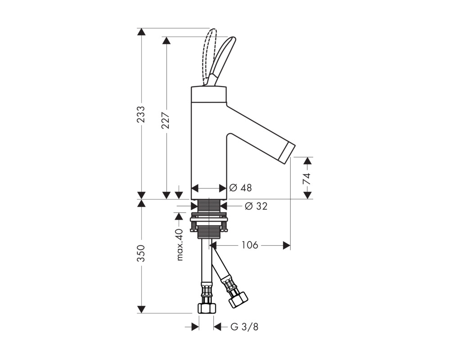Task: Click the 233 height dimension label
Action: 141,114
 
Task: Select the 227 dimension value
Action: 166,120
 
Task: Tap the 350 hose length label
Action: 141,253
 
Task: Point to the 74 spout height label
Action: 307,179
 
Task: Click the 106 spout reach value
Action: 250,245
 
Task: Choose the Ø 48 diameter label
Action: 240,188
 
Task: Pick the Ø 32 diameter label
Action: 256,206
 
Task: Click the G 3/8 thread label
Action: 244,327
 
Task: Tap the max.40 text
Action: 180,245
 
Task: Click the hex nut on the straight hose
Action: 207,308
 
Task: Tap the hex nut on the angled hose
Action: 238,300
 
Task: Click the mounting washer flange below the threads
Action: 209,220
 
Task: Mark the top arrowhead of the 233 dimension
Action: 141,31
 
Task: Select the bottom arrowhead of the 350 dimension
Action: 141,310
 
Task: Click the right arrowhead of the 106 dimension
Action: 287,245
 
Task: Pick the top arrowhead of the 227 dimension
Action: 166,40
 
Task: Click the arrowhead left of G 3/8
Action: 195,327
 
